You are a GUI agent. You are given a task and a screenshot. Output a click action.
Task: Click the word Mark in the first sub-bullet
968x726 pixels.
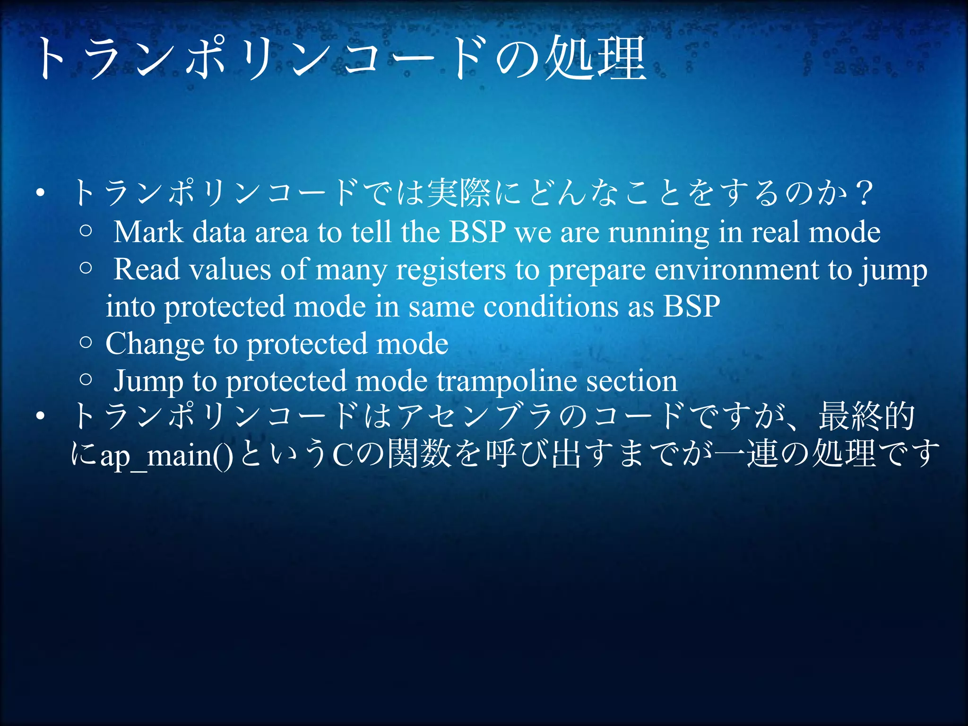[x=148, y=232]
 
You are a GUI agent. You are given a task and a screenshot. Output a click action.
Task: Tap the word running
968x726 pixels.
[x=658, y=233]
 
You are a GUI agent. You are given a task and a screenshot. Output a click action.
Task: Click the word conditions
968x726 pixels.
[x=551, y=307]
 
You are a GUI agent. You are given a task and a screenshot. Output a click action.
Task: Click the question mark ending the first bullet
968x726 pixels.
[x=864, y=193]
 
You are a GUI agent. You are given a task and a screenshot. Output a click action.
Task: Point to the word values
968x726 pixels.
[x=230, y=270]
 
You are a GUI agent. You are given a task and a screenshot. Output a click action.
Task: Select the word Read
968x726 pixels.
[x=147, y=270]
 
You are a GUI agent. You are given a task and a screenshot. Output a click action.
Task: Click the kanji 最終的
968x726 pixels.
[x=867, y=417]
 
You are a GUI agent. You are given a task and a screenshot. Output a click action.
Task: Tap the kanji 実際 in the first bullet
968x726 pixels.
[x=458, y=193]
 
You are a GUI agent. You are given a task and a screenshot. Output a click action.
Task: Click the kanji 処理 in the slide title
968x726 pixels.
[x=596, y=59]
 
